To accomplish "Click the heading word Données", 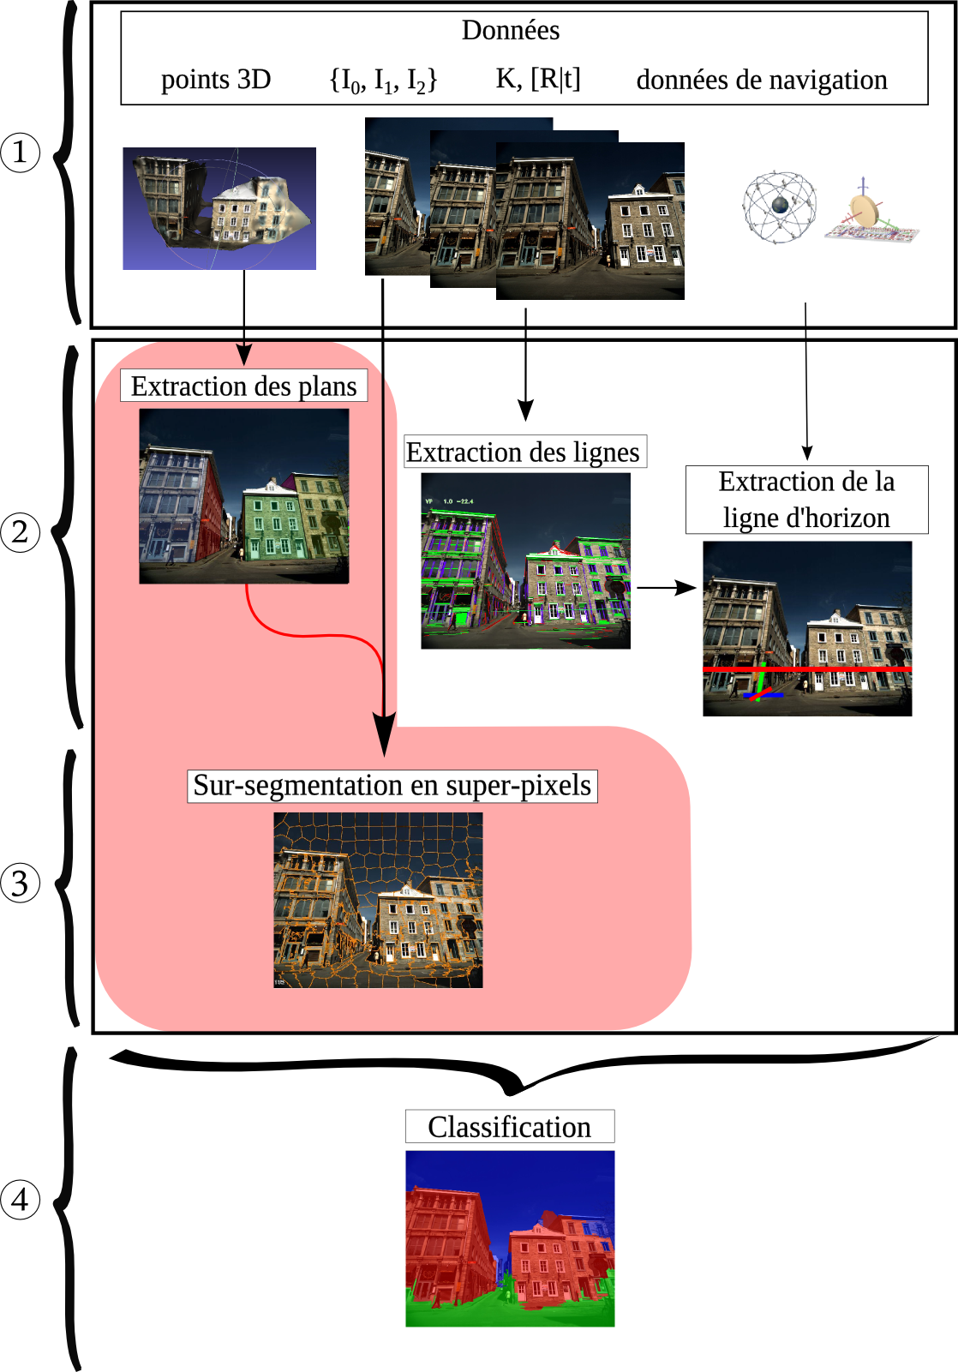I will [511, 31].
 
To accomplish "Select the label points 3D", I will [216, 80].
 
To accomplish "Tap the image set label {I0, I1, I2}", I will [383, 80].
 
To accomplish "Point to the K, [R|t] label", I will [538, 79].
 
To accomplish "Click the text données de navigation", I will [762, 80].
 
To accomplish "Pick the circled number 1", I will [21, 153].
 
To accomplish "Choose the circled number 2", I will [21, 532].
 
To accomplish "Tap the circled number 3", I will [21, 884].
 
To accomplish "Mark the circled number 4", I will [21, 1199].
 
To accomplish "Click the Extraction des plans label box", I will [244, 386].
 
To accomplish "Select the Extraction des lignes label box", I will [524, 452].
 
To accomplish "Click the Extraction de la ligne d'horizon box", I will [806, 500].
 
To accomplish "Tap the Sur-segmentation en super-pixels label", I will [392, 785].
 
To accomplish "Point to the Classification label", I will [510, 1126].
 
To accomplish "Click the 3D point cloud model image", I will [219, 208].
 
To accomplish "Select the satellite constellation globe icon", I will [779, 207].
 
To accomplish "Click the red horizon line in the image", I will [806, 668].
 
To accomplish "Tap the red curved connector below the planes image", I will [308, 635].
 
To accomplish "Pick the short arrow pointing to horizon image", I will [666, 588].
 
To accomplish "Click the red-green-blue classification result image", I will [510, 1238].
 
